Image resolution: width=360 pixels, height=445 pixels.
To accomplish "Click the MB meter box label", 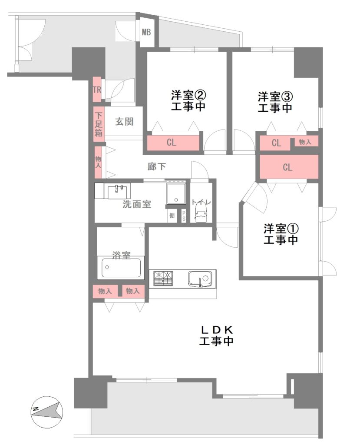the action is tap(146, 32).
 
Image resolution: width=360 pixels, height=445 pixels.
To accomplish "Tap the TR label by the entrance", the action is tap(97, 90).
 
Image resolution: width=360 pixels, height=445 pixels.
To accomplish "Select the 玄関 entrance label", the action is tap(124, 122).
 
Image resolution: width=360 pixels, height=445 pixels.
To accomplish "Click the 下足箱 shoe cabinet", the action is tap(99, 124).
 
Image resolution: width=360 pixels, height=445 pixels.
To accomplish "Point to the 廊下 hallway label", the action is tap(156, 166).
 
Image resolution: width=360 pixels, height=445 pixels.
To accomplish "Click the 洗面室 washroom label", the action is tap(137, 204).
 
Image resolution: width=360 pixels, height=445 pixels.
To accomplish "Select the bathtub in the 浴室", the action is tap(121, 268).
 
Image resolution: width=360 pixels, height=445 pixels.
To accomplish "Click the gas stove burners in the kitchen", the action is tap(163, 278).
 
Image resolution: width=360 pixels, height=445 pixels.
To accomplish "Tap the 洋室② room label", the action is tap(188, 95).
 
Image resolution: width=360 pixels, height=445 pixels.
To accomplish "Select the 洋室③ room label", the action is tap(275, 96).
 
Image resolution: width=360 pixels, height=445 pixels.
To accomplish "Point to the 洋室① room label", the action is tap(281, 229).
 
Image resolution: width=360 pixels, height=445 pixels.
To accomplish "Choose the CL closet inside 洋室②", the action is tap(173, 143).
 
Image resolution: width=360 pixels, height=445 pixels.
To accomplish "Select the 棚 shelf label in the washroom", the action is tap(172, 216).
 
